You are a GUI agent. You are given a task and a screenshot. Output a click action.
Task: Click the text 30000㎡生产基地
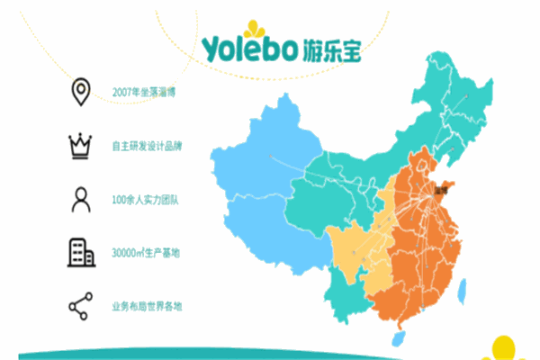[x=144, y=253]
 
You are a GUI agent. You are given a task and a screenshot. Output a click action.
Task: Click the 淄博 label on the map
[x=440, y=190]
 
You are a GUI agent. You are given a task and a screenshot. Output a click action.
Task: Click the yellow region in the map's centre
[x=355, y=247]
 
